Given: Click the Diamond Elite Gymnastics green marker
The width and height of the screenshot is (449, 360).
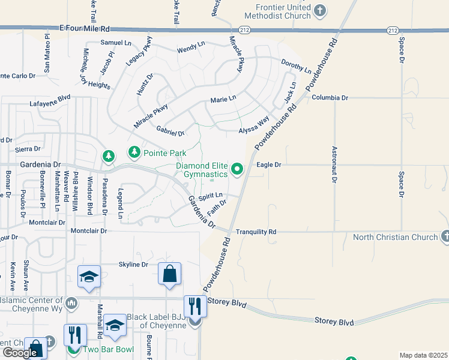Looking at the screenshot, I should point(237,169).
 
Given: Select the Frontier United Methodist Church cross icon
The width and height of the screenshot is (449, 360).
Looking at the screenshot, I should point(320,10).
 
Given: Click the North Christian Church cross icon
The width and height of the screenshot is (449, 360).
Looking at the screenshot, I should point(444,237).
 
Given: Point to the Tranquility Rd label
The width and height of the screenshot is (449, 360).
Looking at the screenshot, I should point(256,232).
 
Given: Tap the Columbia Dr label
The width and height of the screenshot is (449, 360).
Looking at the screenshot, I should point(330,97).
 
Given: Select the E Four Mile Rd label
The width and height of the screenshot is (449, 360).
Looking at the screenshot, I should point(85,28).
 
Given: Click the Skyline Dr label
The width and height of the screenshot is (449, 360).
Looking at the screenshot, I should point(133,265).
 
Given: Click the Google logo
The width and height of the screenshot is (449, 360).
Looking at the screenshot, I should point(20,353).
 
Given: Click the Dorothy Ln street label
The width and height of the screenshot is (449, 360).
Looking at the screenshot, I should point(296,65).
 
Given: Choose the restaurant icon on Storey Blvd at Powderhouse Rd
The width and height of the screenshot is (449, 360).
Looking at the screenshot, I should point(195,306).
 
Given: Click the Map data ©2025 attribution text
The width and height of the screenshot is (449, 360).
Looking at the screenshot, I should point(423,355).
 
